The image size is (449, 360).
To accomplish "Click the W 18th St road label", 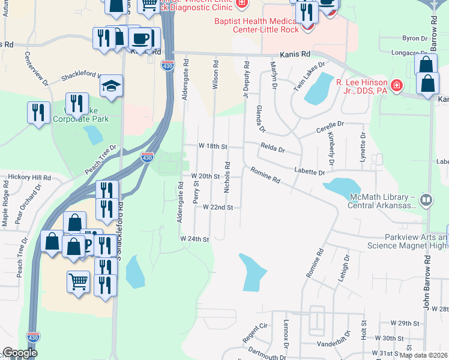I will click(214, 146).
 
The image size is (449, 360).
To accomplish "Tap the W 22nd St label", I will click(217, 207).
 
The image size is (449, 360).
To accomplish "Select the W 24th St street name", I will click(194, 239).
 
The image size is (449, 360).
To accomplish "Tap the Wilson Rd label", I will click(215, 74).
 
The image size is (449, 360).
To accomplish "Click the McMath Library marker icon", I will click(426, 199).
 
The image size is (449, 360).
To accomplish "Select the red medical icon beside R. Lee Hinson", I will click(396, 86).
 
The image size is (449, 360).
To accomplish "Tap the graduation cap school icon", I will click(112, 86).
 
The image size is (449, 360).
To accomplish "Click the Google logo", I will click(20, 353).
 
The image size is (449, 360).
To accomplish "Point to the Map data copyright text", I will click(423, 355).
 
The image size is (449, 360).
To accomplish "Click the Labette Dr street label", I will click(309, 172).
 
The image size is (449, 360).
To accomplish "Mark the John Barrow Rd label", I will click(429, 283).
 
